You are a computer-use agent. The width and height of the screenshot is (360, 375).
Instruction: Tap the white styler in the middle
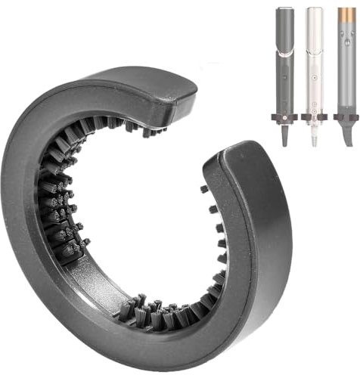(x=314, y=60)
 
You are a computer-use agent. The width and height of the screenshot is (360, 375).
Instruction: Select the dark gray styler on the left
(x=285, y=60)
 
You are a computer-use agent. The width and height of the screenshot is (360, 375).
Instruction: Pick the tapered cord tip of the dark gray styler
(x=285, y=136)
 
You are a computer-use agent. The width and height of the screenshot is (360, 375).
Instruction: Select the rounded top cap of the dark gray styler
(x=285, y=11)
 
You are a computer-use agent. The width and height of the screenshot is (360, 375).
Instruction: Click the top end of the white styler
(x=314, y=11)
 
